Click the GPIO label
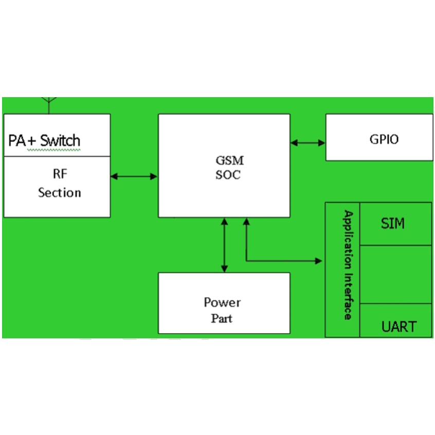tap(384, 139)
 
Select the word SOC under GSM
tap(228, 175)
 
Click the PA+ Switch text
tap(44, 140)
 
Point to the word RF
tap(60, 174)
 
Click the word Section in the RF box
tap(60, 193)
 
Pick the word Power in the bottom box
tap(222, 302)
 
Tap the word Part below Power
tap(222, 318)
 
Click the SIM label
tap(392, 224)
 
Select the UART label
tap(399, 327)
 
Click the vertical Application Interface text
tap(348, 265)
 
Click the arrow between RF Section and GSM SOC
tap(134, 176)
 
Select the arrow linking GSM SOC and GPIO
tap(307, 142)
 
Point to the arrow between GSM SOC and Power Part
tap(224, 245)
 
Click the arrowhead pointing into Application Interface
tap(318, 261)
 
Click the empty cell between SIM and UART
tap(395, 274)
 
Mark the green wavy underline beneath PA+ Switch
tap(44, 150)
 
